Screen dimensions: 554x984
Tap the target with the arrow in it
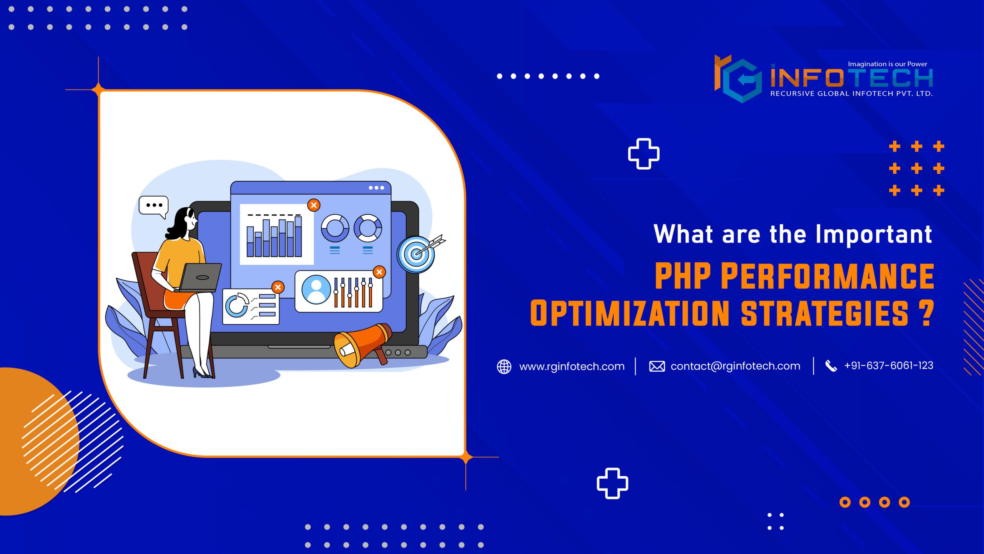point(416,254)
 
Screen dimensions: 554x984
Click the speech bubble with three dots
point(154,205)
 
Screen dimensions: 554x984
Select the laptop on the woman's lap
point(200,277)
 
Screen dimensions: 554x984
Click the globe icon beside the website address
point(504,366)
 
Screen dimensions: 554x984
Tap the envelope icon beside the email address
point(657,366)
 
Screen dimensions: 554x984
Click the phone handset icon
point(831,366)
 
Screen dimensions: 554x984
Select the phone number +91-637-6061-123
point(888,365)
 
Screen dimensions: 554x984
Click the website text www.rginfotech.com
point(572,366)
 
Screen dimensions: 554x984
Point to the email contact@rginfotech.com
point(735,366)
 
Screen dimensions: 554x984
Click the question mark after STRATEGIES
point(927,313)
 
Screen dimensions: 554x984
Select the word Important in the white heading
point(873,234)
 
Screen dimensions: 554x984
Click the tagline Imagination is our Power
point(888,64)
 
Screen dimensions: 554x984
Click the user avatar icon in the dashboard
point(316,289)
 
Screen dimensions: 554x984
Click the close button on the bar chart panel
point(314,205)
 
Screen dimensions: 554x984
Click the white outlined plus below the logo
point(643,154)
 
